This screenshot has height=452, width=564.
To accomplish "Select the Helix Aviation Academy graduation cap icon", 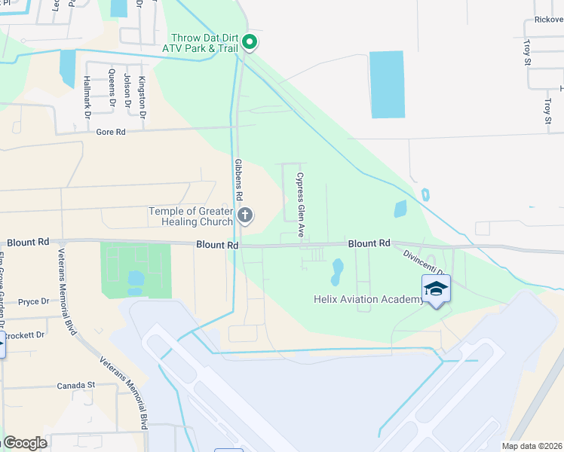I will point(436,289).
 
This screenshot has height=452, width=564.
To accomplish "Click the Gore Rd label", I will point(110,132).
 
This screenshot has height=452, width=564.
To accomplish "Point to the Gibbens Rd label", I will point(238,179).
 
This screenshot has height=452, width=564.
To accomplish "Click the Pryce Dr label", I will point(33,301).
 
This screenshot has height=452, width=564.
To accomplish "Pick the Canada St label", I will point(76,386).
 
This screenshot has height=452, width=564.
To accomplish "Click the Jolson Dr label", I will point(127,90).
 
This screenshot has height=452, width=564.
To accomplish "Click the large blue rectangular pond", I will point(387,84).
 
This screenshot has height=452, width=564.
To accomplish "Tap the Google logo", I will point(25,443).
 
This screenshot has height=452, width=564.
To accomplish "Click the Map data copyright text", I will point(532,446).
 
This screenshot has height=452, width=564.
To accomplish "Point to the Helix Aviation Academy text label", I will point(368,300).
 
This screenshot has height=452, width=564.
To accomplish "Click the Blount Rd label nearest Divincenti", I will point(369,243).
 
